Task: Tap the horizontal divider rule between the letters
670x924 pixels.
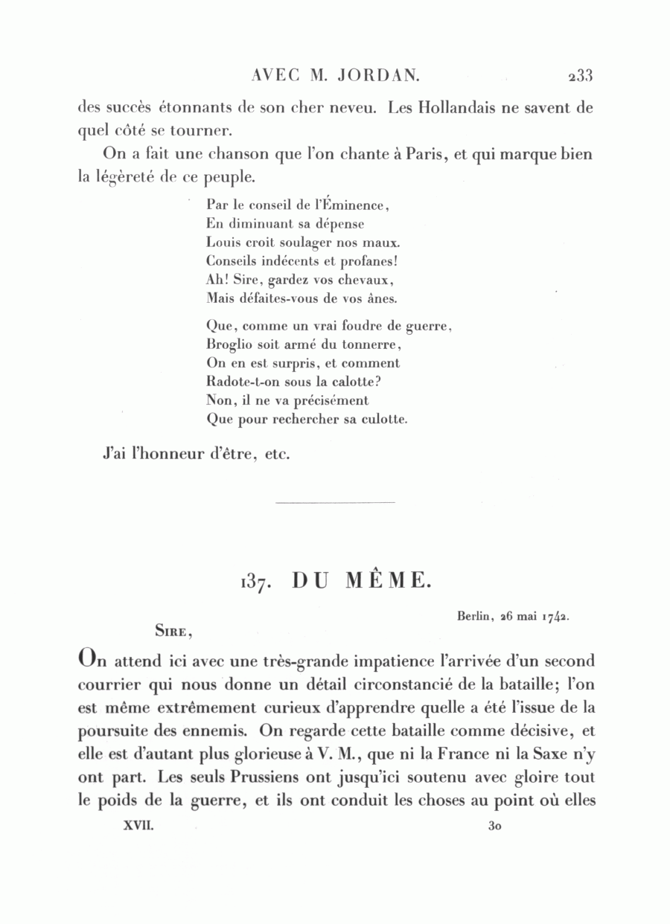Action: (x=334, y=504)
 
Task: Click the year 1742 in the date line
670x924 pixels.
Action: (x=555, y=615)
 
